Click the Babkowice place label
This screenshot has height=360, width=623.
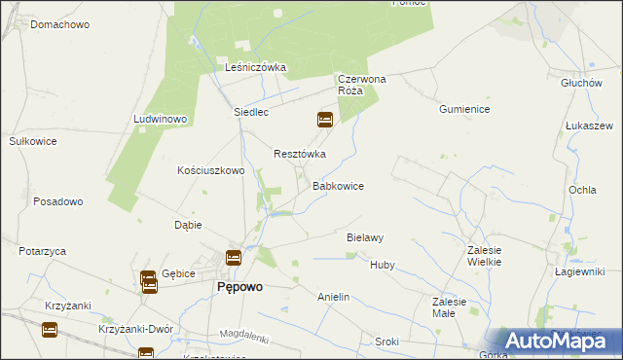[338, 185]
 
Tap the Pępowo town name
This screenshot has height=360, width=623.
[238, 288]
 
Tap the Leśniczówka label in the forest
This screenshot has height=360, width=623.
[255, 67]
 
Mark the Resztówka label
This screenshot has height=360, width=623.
[299, 154]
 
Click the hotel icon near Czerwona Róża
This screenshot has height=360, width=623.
[325, 121]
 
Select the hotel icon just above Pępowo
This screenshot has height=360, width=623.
[234, 258]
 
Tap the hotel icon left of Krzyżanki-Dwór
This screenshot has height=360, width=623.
[50, 331]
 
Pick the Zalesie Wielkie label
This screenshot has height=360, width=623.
[484, 256]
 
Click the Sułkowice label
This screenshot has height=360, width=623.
[33, 141]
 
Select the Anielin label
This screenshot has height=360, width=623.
[333, 296]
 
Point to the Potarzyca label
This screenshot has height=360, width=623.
[42, 250]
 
